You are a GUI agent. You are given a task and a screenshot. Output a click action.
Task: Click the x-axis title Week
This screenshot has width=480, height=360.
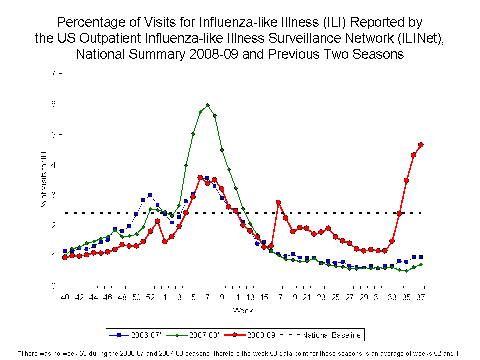[243, 311]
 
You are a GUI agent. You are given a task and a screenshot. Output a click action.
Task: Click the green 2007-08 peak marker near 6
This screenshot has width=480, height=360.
[207, 105]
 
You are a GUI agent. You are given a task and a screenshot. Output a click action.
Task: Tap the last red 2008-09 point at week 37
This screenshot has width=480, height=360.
[421, 145]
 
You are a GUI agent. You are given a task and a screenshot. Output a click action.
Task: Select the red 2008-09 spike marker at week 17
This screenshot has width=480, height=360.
[278, 202]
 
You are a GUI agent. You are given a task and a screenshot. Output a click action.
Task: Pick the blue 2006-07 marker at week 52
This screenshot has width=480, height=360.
[150, 195]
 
